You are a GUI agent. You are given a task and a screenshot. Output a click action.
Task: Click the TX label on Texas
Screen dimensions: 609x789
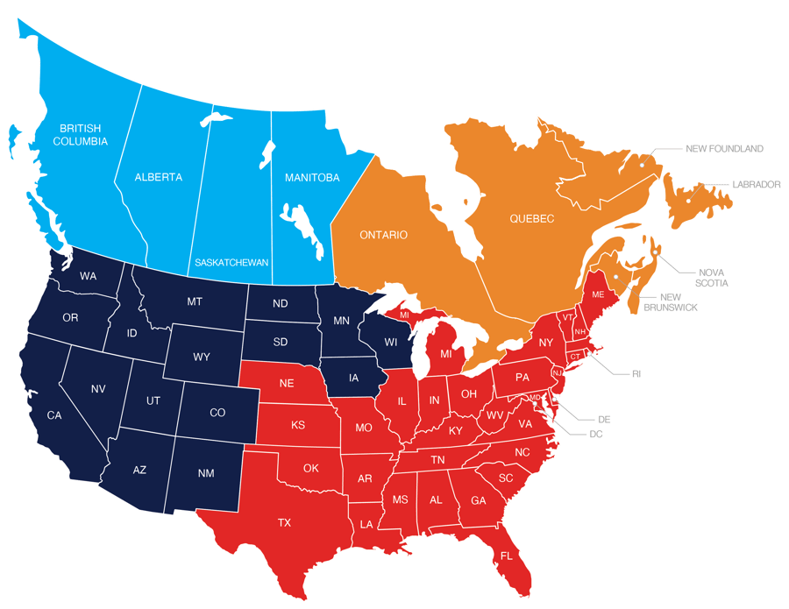coord(284,523)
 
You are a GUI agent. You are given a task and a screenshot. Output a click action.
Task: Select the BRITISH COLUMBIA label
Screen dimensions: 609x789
coord(80,135)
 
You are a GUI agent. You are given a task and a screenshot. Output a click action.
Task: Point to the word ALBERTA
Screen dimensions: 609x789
coord(159,177)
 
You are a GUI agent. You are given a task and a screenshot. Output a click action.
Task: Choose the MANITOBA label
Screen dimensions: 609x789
coord(312,178)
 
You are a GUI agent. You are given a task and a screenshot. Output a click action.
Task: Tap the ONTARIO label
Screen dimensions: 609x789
coord(383,235)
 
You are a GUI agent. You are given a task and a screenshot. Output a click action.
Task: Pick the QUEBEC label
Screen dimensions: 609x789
coord(532,218)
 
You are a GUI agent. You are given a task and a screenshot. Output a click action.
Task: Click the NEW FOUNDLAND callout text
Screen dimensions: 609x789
coord(725,148)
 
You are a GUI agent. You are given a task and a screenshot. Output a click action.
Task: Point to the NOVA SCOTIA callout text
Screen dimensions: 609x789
coord(713,277)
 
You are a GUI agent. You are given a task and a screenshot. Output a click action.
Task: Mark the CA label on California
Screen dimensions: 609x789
coord(54,414)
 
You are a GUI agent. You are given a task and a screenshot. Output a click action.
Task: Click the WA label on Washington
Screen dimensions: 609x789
coord(88,276)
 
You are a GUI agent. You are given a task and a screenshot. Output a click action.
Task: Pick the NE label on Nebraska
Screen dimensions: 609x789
coord(286,384)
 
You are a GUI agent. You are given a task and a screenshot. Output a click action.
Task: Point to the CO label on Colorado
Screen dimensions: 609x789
coord(218,413)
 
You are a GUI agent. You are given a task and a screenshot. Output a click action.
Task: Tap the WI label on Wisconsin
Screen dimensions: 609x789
coord(390,341)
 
